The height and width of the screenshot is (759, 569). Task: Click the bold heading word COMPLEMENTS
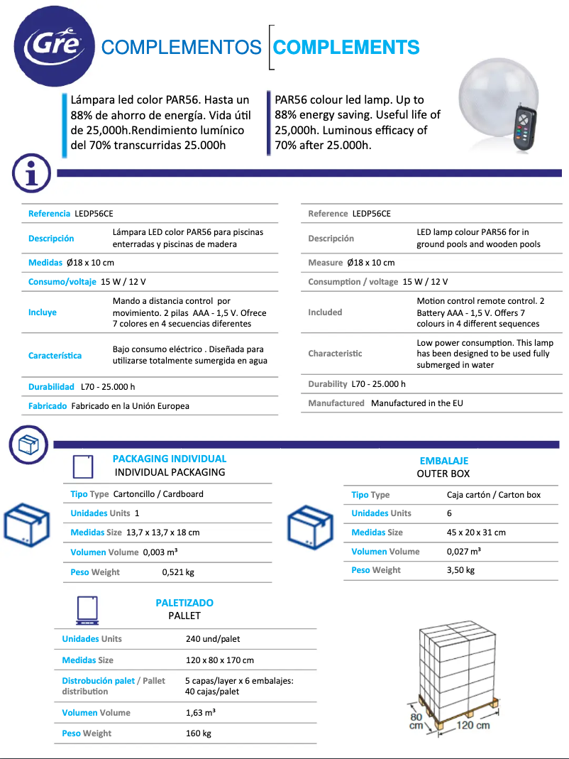[x=346, y=48]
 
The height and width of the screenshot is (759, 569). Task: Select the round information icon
[x=31, y=173]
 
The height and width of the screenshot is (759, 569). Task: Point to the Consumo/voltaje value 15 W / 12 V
[x=123, y=282]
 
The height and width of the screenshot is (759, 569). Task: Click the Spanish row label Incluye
[x=43, y=312]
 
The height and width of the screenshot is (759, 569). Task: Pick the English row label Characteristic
[x=335, y=354]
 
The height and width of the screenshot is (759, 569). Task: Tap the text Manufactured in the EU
[x=416, y=403]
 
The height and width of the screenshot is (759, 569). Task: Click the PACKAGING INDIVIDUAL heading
[x=170, y=459]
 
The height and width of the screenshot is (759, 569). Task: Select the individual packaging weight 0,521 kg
[x=178, y=572]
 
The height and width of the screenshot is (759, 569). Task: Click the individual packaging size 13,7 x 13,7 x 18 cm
[x=162, y=533]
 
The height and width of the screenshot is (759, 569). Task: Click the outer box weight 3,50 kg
[x=460, y=570]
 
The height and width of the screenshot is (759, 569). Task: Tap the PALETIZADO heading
[x=184, y=603]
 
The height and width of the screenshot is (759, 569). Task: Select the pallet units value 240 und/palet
[x=213, y=639]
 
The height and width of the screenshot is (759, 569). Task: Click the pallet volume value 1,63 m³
[x=201, y=713]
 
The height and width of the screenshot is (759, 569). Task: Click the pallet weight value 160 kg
[x=198, y=733]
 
